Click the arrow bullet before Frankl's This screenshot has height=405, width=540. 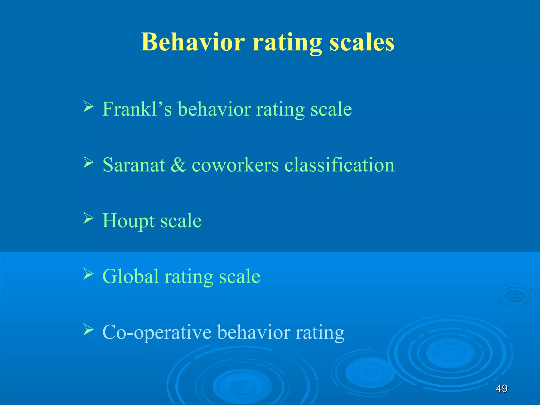[88, 107]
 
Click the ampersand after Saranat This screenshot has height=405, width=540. [178, 165]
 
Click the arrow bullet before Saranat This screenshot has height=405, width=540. [88, 162]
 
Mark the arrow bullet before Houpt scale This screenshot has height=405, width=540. [88, 218]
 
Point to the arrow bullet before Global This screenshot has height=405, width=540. [88, 274]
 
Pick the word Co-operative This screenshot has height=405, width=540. [157, 332]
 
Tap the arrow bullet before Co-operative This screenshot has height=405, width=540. [88, 330]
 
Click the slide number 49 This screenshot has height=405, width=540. [502, 388]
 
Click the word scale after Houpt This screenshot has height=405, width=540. [181, 221]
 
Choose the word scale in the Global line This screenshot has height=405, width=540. [240, 276]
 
